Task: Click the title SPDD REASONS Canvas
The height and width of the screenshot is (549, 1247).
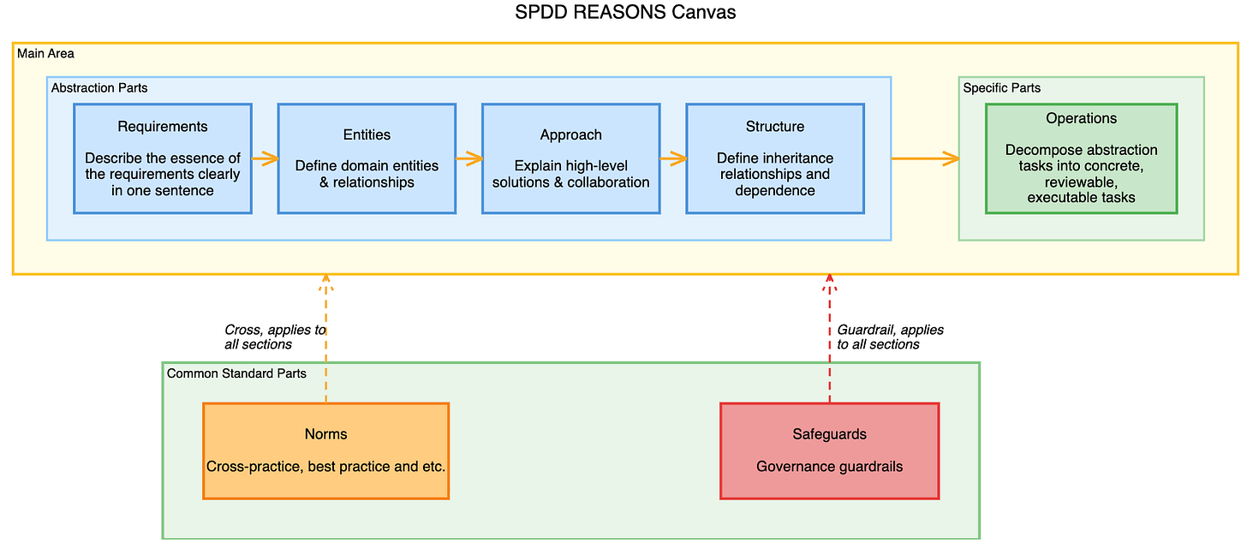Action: click(x=624, y=12)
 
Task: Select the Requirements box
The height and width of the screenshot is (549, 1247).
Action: click(x=163, y=158)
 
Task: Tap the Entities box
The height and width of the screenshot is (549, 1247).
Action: click(x=367, y=158)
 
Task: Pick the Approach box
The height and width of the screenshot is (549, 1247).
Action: click(x=571, y=158)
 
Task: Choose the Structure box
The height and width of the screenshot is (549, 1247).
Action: click(x=775, y=158)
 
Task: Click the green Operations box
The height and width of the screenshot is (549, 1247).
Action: click(x=1081, y=158)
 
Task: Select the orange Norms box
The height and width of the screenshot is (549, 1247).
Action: click(x=325, y=451)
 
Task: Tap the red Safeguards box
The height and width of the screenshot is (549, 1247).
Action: click(x=829, y=451)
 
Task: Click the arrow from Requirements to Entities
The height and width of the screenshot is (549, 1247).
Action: click(x=265, y=158)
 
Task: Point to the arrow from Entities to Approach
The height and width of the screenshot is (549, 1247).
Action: click(x=469, y=158)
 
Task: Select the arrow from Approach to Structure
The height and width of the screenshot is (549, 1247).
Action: click(x=673, y=158)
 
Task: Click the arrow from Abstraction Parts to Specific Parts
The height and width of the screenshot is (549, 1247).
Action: click(x=925, y=158)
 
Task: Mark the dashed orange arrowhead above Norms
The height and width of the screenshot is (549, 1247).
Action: click(x=325, y=282)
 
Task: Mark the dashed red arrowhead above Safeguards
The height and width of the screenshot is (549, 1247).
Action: click(x=829, y=282)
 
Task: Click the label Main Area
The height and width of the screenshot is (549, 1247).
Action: click(x=45, y=53)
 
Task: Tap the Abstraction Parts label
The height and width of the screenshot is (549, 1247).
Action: click(x=99, y=88)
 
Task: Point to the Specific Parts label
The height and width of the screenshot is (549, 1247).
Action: click(x=1001, y=88)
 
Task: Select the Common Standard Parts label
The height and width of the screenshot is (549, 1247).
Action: click(x=236, y=373)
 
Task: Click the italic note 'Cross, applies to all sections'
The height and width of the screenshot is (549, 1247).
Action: click(x=275, y=337)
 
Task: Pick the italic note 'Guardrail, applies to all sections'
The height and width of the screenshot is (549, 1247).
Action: click(x=890, y=337)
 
